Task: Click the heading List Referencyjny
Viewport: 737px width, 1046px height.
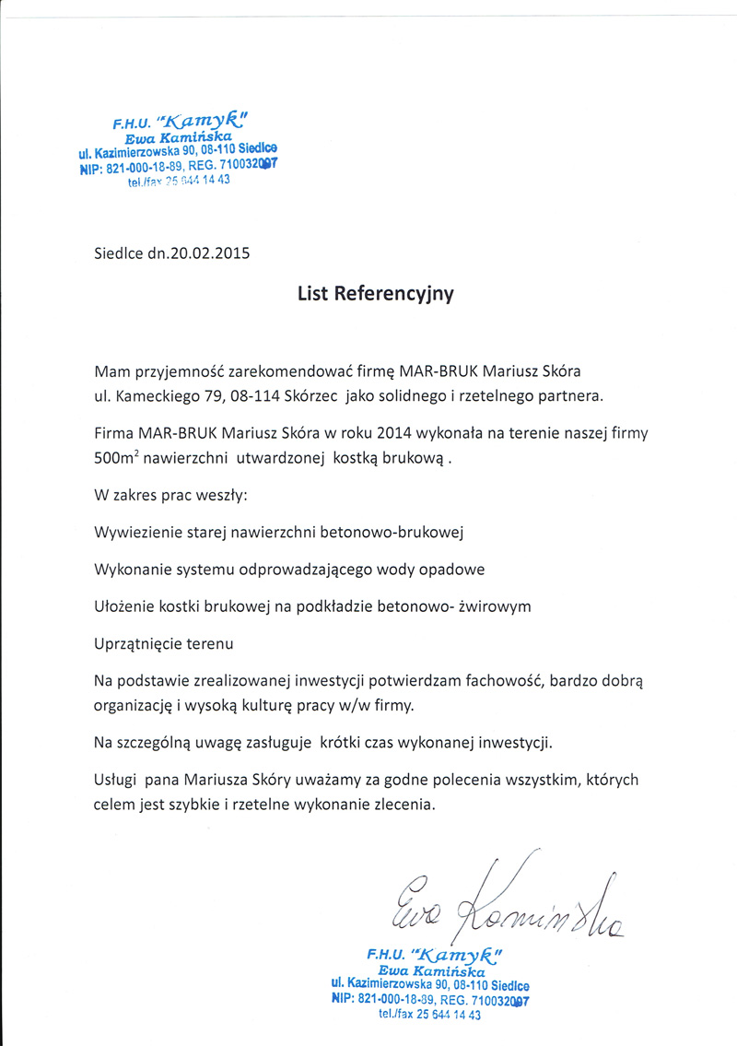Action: pyautogui.click(x=375, y=294)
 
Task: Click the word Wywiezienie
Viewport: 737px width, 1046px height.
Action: pyautogui.click(x=136, y=533)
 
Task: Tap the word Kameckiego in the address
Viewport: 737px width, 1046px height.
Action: pyautogui.click(x=161, y=396)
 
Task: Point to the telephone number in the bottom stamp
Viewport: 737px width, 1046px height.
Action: pyautogui.click(x=448, y=1015)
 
